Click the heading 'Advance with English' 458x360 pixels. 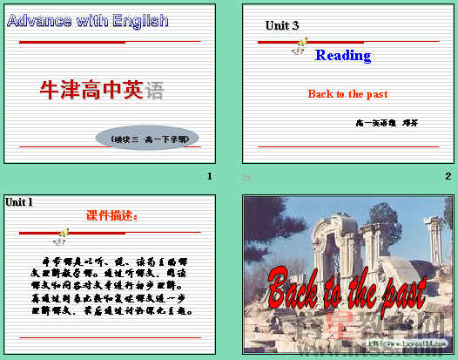(x=88, y=20)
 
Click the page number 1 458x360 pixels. (x=209, y=177)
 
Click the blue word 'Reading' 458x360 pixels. (x=343, y=56)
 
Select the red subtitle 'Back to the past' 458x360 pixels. (x=347, y=94)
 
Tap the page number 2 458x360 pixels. (x=448, y=177)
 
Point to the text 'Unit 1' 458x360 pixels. (x=19, y=202)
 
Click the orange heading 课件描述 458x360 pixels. (x=112, y=215)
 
